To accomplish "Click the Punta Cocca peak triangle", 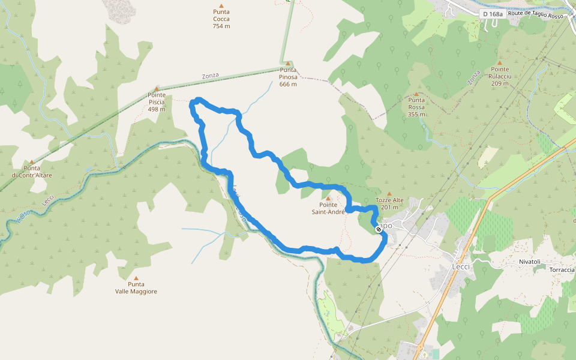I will click(221, 5).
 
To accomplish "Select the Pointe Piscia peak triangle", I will click(157, 89).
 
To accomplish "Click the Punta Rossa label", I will click(416, 104).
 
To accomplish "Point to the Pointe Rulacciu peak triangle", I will click(499, 62).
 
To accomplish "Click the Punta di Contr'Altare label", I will click(32, 172).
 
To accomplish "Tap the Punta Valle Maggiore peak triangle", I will click(136, 278).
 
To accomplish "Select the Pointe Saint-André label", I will click(328, 208).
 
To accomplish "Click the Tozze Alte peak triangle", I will click(389, 194).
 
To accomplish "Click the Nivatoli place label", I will click(530, 262).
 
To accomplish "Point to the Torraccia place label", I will click(562, 269).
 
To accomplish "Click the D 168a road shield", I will click(492, 14).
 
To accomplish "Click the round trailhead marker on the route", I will click(379, 229).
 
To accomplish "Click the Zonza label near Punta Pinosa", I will click(210, 76).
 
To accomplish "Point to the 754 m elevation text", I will click(221, 26).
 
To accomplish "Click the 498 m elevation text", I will click(157, 109).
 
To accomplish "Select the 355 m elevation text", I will click(416, 114).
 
